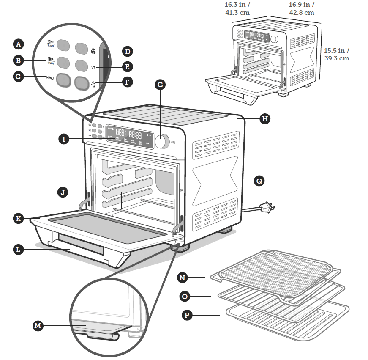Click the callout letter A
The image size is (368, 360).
18,44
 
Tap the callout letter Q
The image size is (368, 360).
259,181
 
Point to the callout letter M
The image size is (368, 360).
38,325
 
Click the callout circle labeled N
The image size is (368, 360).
183,278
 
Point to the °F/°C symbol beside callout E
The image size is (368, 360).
93,67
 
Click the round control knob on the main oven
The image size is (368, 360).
161,142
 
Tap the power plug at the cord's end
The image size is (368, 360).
267,207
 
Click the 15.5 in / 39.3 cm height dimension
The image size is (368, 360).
337,54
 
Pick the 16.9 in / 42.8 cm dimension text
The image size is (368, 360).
302,8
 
